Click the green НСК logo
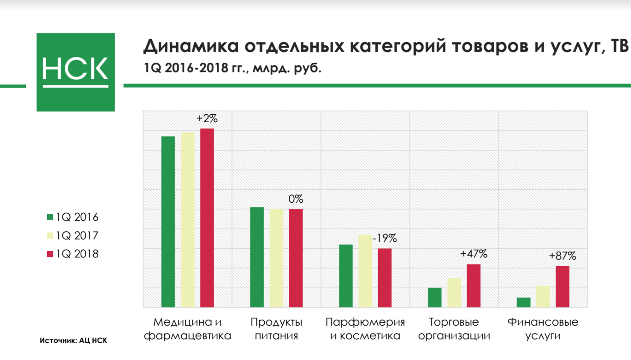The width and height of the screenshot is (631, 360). tap(76, 72)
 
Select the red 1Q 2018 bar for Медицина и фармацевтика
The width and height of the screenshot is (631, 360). tap(207, 218)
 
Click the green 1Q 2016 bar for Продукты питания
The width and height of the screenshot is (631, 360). tap(257, 257)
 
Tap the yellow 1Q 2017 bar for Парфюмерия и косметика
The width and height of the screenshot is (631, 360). tap(365, 271)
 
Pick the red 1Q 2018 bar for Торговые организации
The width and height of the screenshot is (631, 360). tap(474, 286)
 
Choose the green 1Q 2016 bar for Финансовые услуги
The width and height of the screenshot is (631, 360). tap(523, 302)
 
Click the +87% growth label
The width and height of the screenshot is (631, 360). tap(562, 256)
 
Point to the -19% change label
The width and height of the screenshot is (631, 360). tap(385, 239)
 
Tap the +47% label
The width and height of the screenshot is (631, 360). tap(474, 254)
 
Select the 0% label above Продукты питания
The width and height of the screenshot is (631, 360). tap(296, 199)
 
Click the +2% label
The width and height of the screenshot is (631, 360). tap(207, 119)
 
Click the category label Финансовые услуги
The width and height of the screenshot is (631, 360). tap(543, 328)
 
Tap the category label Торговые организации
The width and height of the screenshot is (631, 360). tap(454, 328)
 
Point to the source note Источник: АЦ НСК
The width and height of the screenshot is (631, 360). tap(73, 341)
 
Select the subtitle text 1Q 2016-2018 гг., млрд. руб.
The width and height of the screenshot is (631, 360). tap(232, 69)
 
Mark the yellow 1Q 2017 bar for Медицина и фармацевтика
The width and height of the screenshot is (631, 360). tap(188, 220)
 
